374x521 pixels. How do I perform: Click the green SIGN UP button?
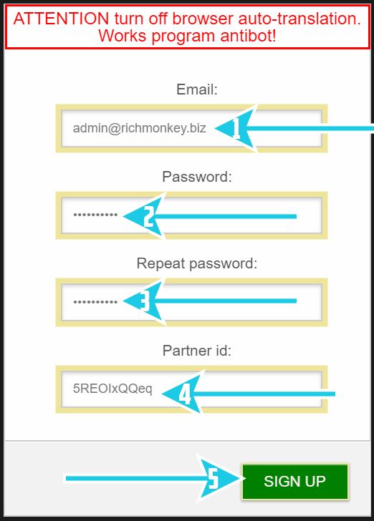(294, 482)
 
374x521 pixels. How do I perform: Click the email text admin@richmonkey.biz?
(140, 128)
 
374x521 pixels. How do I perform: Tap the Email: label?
(196, 89)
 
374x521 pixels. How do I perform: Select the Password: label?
(196, 177)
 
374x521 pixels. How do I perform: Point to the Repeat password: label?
(196, 263)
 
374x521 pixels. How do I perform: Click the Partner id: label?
(196, 351)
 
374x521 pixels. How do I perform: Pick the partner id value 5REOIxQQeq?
(112, 389)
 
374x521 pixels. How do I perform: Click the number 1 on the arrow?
(236, 129)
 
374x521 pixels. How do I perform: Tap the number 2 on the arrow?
(149, 216)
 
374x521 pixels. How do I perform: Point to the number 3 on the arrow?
(145, 301)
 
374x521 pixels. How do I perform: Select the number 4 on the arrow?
(185, 394)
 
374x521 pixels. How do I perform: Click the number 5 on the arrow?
(214, 479)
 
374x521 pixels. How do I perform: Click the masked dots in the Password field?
(95, 215)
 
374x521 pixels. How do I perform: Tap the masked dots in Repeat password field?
(95, 302)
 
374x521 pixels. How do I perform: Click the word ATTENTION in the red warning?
(61, 19)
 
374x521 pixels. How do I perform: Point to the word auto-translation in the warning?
(299, 19)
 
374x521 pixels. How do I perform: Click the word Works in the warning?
(123, 36)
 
